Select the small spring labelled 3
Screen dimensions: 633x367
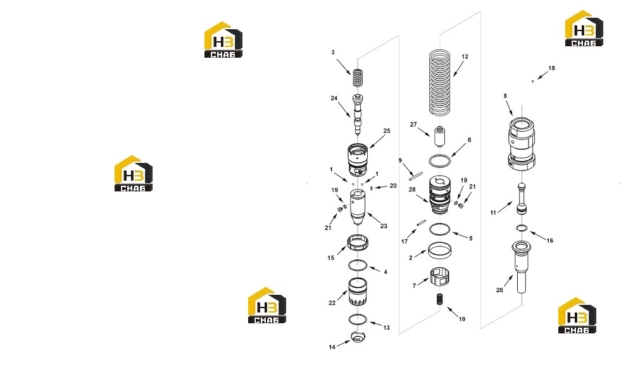click(x=357, y=77)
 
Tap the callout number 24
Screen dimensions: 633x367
click(x=334, y=98)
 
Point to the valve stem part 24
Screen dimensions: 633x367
click(x=358, y=114)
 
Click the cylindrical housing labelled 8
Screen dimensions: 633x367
click(x=521, y=143)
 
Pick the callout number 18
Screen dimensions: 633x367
click(x=551, y=68)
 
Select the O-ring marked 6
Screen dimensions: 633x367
click(x=439, y=160)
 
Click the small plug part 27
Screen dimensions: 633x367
click(x=439, y=137)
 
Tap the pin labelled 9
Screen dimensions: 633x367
click(x=415, y=176)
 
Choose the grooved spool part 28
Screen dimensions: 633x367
click(x=440, y=195)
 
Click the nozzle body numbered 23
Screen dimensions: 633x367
click(x=358, y=208)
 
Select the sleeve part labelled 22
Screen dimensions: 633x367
click(x=358, y=292)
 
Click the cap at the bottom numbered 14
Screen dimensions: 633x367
click(x=358, y=337)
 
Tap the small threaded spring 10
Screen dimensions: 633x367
click(x=440, y=300)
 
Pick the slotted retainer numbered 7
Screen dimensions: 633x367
click(x=440, y=277)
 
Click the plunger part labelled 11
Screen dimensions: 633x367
click(x=522, y=199)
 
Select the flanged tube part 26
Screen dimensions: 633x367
click(x=521, y=266)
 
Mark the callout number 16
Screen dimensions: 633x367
click(x=550, y=240)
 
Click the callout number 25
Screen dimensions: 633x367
click(x=387, y=131)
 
